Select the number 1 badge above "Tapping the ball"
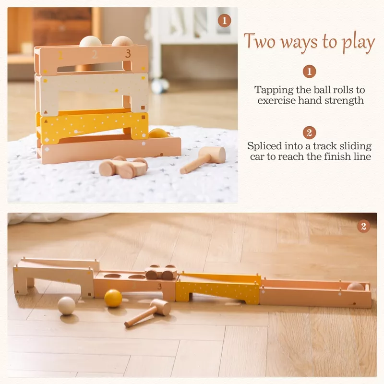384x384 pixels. (309, 72)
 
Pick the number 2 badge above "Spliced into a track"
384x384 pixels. (309, 133)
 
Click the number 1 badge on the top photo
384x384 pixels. (224, 21)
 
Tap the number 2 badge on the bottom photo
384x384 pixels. (363, 226)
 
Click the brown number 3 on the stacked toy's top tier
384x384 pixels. (128, 54)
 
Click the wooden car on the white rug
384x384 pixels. (123, 167)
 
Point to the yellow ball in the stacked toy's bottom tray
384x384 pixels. (158, 133)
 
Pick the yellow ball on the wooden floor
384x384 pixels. (113, 298)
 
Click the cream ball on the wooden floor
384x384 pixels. (66, 306)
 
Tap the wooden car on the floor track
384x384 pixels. (161, 272)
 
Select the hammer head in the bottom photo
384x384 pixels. (161, 307)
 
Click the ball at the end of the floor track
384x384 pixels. (356, 287)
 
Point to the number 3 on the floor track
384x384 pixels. (160, 287)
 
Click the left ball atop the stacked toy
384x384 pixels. (90, 41)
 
